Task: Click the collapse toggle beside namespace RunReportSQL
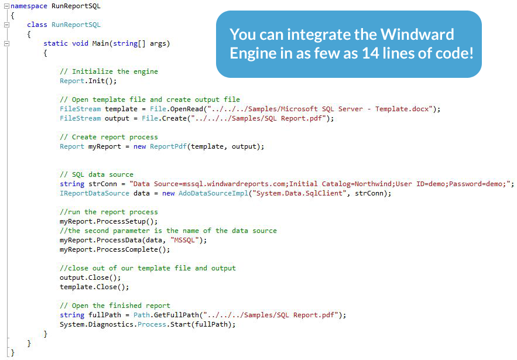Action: pos(6,6)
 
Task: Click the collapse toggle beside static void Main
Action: pos(6,43)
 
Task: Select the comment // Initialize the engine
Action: pos(109,71)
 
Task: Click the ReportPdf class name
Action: pos(169,146)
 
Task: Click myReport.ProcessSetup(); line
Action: pos(109,221)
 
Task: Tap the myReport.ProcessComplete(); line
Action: pos(115,249)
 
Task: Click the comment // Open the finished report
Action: pos(115,306)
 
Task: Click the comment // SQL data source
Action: pos(97,174)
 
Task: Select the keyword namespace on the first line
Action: pos(29,6)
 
